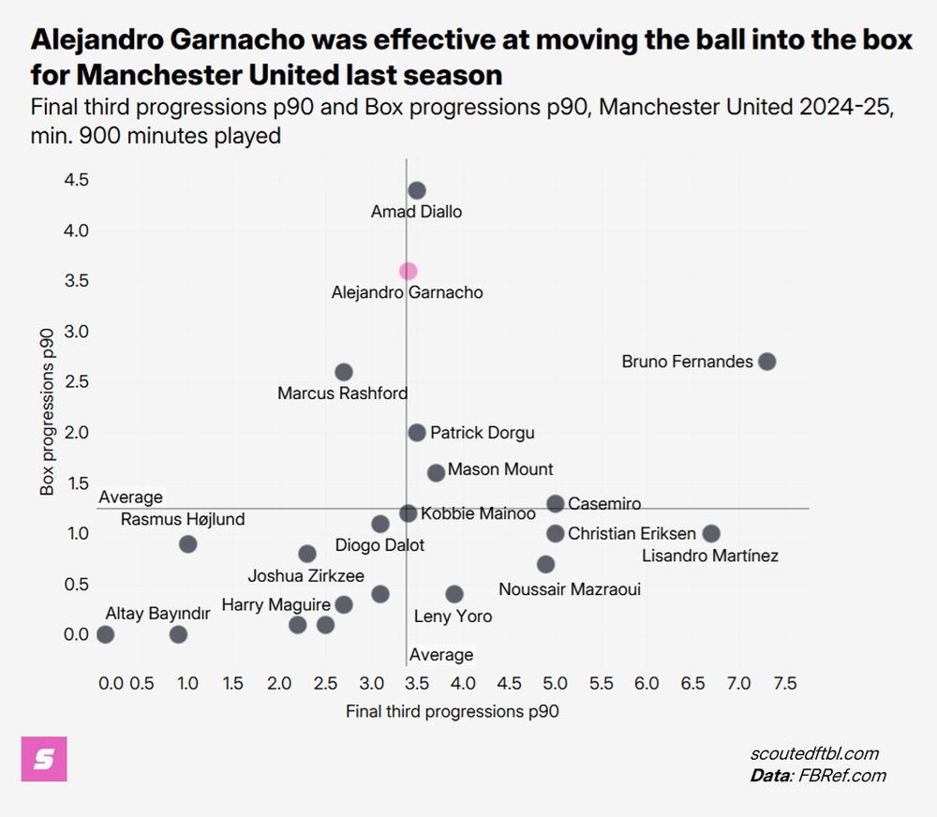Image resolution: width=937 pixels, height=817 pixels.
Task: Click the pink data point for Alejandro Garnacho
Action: click(408, 271)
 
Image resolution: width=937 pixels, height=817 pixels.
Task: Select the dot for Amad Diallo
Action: click(417, 190)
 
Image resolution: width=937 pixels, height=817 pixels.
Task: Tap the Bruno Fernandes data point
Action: click(766, 362)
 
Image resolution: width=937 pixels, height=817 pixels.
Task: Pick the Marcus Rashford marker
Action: click(344, 372)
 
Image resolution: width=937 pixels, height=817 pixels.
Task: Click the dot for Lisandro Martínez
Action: click(711, 533)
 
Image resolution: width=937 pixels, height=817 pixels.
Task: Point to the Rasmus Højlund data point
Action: click(187, 543)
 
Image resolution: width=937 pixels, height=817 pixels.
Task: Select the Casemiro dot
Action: click(555, 503)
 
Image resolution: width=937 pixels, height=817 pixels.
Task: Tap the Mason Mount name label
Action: click(500, 469)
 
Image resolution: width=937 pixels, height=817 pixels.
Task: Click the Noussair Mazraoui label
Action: click(569, 589)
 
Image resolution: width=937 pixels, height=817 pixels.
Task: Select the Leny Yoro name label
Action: click(453, 616)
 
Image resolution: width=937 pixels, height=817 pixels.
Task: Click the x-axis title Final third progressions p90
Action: click(452, 711)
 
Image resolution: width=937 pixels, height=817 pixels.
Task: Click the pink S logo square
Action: click(44, 758)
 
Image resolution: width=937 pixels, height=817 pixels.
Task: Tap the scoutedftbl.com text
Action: click(814, 754)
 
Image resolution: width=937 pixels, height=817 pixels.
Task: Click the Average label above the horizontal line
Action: click(130, 498)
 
